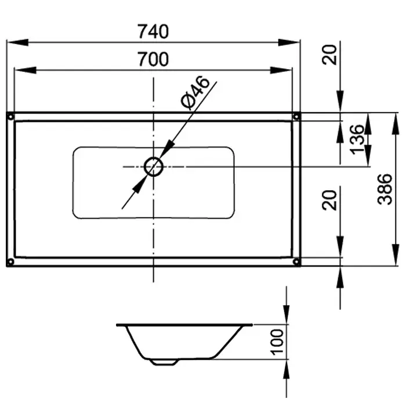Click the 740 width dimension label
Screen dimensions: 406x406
tap(153, 31)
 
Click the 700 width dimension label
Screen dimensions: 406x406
tap(153, 59)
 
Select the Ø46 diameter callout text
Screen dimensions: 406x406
tap(195, 92)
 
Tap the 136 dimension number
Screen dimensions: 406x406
tap(357, 140)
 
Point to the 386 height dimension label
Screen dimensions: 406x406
tap(385, 189)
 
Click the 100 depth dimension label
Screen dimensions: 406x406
tap(277, 342)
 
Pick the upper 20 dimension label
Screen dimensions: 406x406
tap(329, 55)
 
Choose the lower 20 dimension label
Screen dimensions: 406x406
tap(329, 200)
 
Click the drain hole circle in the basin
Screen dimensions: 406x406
tap(154, 167)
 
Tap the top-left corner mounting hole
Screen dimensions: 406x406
tap(10, 117)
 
